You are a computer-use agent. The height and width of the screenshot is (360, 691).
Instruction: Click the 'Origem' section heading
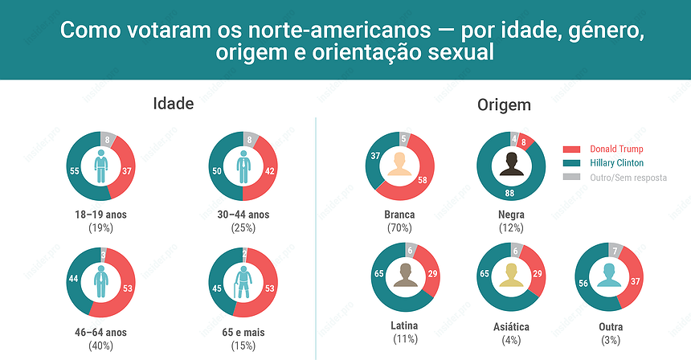click(x=504, y=105)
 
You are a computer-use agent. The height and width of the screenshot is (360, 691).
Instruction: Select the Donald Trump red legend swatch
click(x=571, y=149)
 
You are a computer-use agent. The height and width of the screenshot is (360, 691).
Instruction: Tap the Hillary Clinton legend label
click(x=616, y=163)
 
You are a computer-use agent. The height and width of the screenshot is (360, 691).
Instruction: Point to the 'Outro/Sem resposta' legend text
click(x=628, y=177)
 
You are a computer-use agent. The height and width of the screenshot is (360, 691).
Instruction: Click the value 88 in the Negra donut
click(x=509, y=194)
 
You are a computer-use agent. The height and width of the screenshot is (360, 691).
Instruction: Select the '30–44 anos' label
click(x=243, y=215)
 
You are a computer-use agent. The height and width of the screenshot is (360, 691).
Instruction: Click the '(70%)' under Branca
click(x=399, y=228)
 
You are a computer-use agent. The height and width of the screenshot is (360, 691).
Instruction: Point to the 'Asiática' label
click(x=511, y=327)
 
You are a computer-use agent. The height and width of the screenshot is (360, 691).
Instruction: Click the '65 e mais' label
click(x=243, y=332)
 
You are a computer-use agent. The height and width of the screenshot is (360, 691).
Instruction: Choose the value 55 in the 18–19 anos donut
click(x=74, y=171)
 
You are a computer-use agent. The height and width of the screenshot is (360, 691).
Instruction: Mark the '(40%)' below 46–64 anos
click(x=100, y=346)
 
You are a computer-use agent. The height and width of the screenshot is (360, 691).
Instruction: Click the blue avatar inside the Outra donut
click(x=611, y=276)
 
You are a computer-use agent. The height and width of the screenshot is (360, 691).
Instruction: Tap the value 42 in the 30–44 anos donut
click(x=272, y=171)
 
